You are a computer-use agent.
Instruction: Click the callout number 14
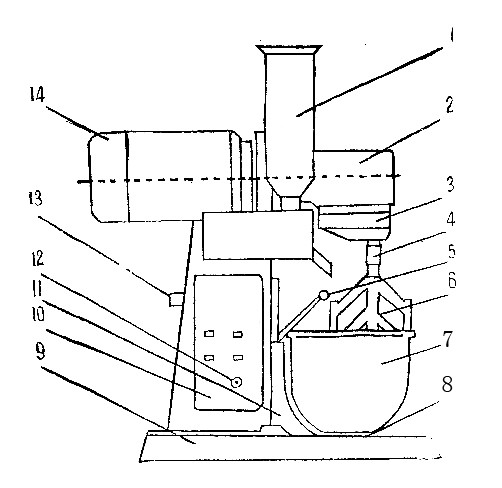click(37, 94)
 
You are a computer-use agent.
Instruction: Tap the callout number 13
click(35, 198)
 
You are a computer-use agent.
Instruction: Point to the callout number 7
click(447, 339)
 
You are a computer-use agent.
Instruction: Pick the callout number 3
click(450, 184)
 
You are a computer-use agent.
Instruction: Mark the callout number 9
click(40, 352)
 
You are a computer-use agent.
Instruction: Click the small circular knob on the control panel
click(236, 382)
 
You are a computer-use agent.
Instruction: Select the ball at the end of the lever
click(323, 295)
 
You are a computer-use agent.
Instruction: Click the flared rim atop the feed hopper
click(289, 49)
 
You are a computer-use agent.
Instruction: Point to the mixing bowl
click(350, 383)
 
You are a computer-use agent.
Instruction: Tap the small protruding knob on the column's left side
click(176, 299)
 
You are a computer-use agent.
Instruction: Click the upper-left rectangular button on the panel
click(209, 333)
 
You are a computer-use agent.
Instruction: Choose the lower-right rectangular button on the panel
click(238, 358)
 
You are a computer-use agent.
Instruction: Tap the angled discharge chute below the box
click(322, 263)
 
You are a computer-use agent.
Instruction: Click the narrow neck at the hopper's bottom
click(290, 203)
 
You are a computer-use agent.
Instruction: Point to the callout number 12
click(38, 258)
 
